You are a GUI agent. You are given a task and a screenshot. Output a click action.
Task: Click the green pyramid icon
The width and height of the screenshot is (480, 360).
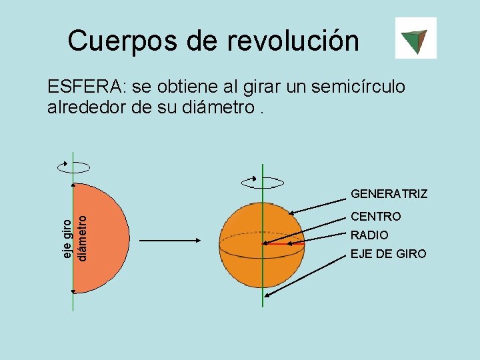[415, 38]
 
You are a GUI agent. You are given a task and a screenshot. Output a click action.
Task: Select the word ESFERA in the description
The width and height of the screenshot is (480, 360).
[85, 87]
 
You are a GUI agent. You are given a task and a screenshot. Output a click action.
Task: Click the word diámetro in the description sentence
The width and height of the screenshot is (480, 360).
[217, 107]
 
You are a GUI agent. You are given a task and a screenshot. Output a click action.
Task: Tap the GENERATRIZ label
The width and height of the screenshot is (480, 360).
[389, 194]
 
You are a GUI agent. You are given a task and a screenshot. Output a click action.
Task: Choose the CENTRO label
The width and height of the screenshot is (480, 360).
[376, 217]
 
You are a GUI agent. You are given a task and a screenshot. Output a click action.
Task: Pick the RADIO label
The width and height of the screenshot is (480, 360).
[369, 235]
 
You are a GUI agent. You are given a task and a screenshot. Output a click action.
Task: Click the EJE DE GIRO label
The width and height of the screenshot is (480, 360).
[388, 254]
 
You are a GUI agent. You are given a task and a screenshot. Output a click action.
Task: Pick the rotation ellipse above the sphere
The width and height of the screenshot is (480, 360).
[263, 181]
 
